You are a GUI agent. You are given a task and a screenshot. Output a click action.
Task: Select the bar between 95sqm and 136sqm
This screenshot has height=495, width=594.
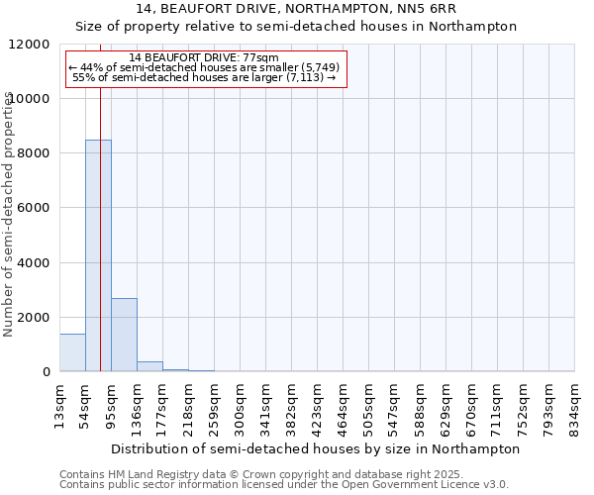[x=124, y=335]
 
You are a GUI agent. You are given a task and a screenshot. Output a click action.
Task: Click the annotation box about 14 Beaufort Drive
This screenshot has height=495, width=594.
[x=206, y=69]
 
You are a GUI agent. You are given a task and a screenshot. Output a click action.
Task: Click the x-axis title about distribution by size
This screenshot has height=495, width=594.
[x=315, y=448]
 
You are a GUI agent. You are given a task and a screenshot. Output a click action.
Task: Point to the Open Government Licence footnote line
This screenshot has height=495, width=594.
[x=284, y=485]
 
